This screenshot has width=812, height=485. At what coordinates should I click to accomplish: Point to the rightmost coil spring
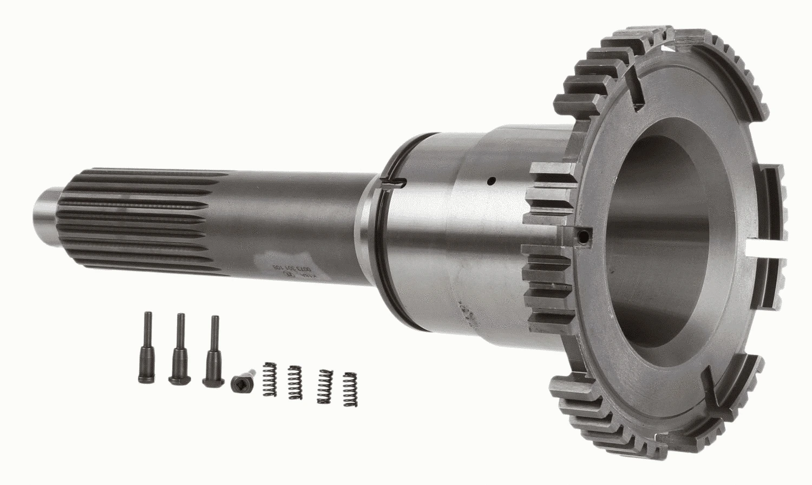(351, 389)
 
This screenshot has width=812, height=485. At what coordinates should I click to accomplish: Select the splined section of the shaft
(135, 216)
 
